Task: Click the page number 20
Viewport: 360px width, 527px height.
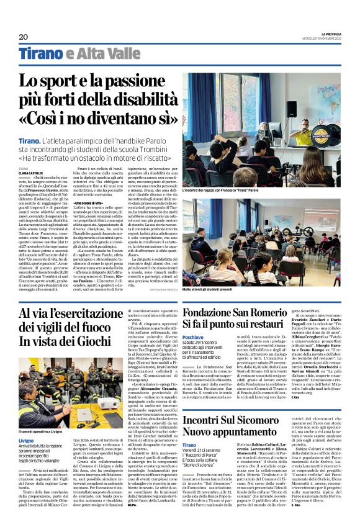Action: pyautogui.click(x=24, y=37)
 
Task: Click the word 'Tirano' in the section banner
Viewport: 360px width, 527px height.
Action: pyautogui.click(x=41, y=54)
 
